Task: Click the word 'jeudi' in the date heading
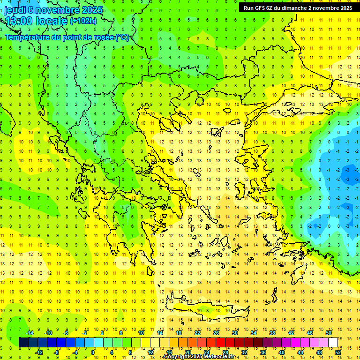pos(14,10)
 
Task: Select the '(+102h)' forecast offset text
pos(83,21)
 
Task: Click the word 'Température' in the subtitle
pos(28,37)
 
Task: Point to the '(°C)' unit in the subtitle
pos(122,37)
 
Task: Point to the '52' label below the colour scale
pos(338,352)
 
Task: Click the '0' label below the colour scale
pos(93,352)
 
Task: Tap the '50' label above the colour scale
pos(329,333)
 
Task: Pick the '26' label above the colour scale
pos(216,333)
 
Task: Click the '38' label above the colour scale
pos(272,333)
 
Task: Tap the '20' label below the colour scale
pos(187,352)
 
